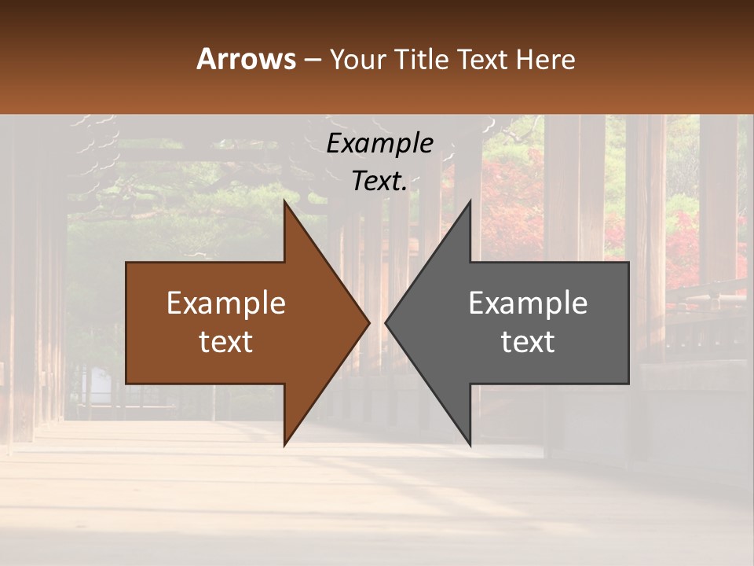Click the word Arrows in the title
[246, 59]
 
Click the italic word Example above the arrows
[379, 144]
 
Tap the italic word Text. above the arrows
[379, 182]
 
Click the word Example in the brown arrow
[226, 303]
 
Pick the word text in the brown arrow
[226, 342]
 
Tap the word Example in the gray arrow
[528, 303]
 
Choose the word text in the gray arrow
[528, 342]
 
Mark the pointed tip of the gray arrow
[386, 322]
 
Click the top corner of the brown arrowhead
[285, 203]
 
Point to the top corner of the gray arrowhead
[470, 203]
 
